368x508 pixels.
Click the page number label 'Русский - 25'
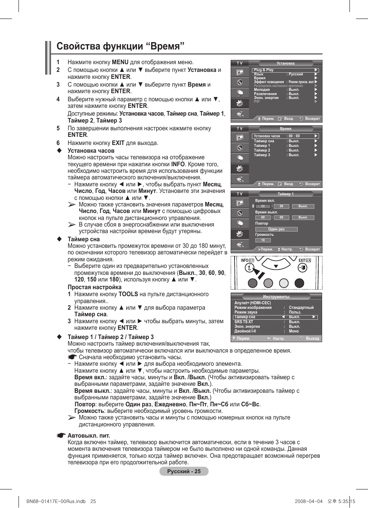point(184,471)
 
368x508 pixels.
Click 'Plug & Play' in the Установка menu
point(264,70)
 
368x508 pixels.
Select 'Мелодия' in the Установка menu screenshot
point(262,90)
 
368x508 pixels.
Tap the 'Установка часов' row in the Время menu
point(267,136)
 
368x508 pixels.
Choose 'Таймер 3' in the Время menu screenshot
point(262,155)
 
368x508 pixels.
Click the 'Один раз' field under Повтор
point(276,229)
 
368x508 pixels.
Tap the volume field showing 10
point(263,240)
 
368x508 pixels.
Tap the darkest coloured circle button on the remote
point(299,283)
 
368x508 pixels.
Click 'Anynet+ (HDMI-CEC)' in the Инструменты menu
point(253,303)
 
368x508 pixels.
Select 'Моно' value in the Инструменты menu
point(294,331)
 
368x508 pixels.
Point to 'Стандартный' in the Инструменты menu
point(301,308)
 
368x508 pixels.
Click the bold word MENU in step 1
point(120,62)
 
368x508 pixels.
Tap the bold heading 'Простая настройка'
point(95,287)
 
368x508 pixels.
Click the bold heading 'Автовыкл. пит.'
point(89,436)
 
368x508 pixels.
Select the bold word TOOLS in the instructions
point(128,294)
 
